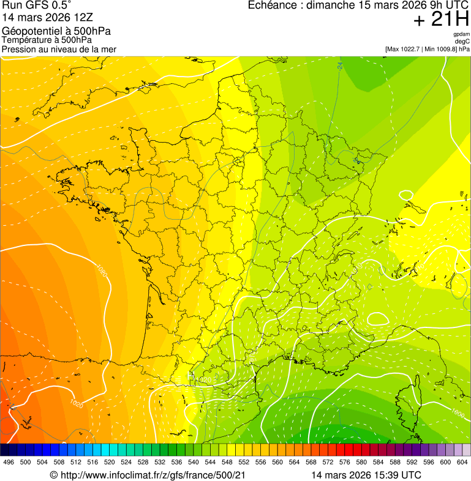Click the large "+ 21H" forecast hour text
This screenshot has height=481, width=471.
[441, 20]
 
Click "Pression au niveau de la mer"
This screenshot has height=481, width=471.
[59, 49]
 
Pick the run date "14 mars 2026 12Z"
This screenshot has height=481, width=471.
[47, 18]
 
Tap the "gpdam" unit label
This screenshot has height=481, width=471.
[461, 34]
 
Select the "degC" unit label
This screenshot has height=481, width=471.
[462, 42]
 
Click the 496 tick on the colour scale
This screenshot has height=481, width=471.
[9, 462]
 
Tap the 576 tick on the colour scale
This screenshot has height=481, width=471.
[345, 462]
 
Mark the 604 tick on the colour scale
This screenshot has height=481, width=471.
[462, 462]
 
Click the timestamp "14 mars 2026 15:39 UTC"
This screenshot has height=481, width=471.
[366, 475]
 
